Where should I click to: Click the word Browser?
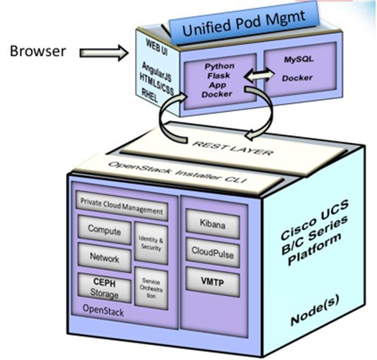(39, 51)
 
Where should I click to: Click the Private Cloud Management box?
(122, 211)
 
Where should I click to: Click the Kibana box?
(212, 225)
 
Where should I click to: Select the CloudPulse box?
(212, 252)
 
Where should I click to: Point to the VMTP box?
(212, 281)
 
